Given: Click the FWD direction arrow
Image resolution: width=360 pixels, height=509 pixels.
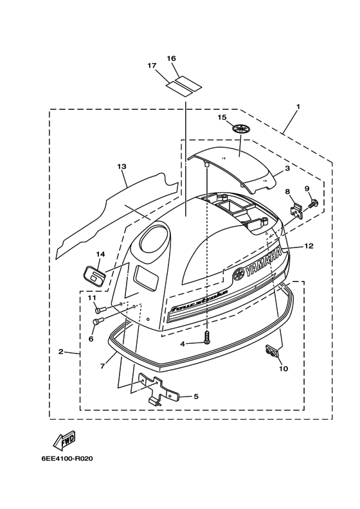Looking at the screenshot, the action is tap(65, 441).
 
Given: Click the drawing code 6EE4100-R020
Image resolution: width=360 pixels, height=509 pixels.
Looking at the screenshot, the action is tap(67, 459).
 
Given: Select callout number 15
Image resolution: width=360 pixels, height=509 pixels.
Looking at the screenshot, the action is tap(222, 117).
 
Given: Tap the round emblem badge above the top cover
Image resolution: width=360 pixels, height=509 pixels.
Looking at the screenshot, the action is tap(242, 129).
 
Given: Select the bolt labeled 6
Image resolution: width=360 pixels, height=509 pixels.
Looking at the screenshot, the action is tap(97, 321).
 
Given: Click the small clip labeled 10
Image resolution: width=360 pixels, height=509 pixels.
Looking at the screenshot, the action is tap(271, 351).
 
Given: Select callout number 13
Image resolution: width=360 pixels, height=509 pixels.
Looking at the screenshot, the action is tap(122, 166).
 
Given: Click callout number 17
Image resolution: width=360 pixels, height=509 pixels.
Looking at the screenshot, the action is tap(152, 66).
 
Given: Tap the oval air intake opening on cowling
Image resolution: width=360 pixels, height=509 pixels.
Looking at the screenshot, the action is tap(155, 241).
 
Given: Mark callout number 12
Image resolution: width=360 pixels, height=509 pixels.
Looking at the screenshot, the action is tap(309, 246).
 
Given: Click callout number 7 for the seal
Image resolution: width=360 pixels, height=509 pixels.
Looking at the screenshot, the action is tap(102, 366).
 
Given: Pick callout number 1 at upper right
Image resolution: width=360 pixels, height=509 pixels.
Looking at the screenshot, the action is tap(298, 107).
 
